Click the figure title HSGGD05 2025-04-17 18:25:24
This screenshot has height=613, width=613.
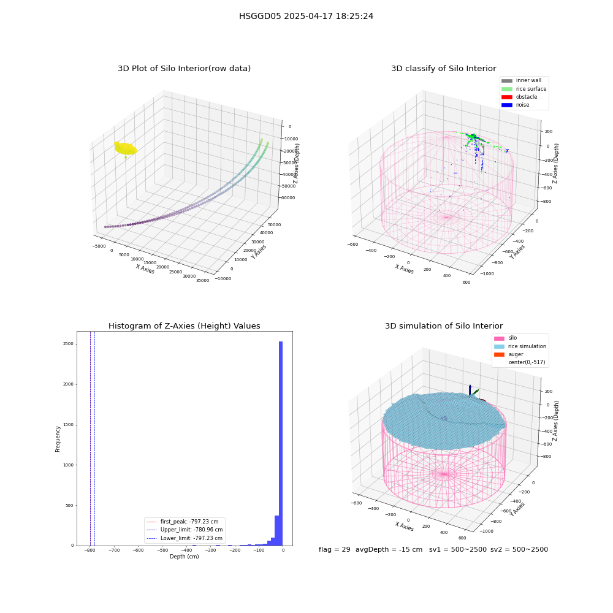click(306, 16)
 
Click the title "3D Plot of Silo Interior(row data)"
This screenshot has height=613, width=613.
click(184, 69)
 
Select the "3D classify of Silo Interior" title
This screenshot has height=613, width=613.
click(444, 69)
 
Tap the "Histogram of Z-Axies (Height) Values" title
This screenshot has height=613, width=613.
click(184, 326)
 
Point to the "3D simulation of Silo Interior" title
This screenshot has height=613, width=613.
click(444, 326)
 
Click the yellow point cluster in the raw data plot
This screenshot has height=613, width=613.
click(126, 148)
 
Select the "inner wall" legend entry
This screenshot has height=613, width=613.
click(522, 80)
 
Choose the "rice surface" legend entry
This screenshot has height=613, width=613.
click(524, 89)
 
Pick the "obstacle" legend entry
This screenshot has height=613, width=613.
click(519, 97)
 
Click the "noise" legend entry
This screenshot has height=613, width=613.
click(516, 105)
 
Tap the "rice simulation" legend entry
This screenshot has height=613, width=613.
click(520, 346)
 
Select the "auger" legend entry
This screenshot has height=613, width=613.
click(509, 354)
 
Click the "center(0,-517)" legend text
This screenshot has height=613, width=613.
click(527, 362)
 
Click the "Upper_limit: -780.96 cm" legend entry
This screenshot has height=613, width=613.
click(184, 530)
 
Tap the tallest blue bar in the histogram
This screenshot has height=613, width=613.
click(281, 443)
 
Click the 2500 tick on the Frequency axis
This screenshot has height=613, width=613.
click(68, 344)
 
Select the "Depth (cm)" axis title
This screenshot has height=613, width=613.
click(184, 557)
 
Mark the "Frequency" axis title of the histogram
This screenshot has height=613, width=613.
click(58, 439)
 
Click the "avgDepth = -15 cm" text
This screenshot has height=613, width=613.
click(389, 549)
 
